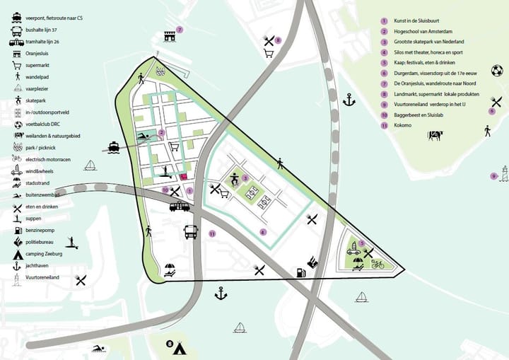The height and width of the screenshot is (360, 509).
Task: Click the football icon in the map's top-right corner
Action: click(496, 70)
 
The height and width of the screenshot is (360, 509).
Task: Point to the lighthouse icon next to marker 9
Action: click(503, 174)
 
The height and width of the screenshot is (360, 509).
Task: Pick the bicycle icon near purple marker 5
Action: click(378, 265)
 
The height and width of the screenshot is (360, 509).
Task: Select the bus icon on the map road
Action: click(190, 231)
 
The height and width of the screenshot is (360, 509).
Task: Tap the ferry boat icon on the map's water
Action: click(114, 147)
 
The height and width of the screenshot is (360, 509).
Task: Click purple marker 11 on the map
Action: click(212, 233)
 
